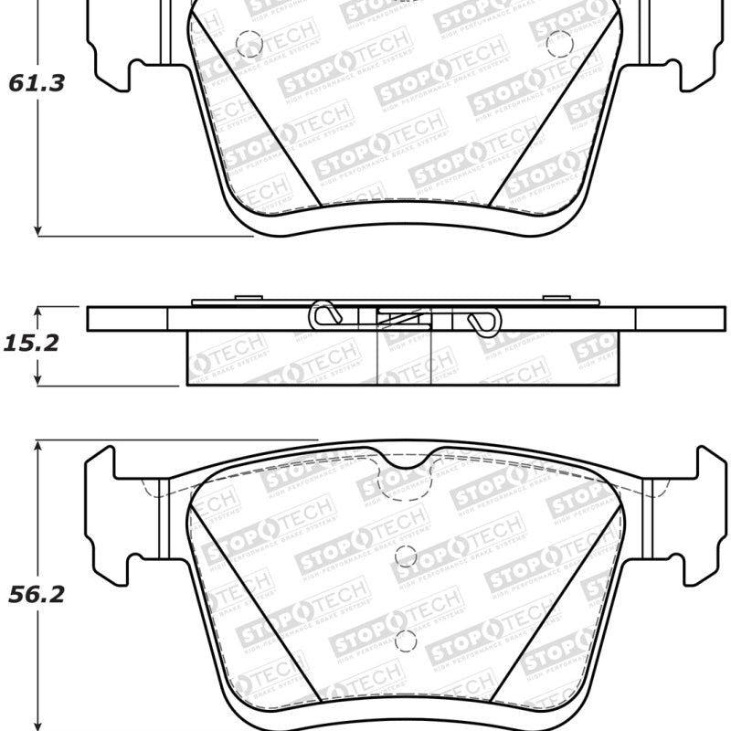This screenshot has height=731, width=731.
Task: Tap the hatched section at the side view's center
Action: [402, 319]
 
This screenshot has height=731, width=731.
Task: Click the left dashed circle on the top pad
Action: [247, 42]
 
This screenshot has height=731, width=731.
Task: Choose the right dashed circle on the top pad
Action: [558, 41]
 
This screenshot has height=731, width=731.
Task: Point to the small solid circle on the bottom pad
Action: [407, 555]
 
